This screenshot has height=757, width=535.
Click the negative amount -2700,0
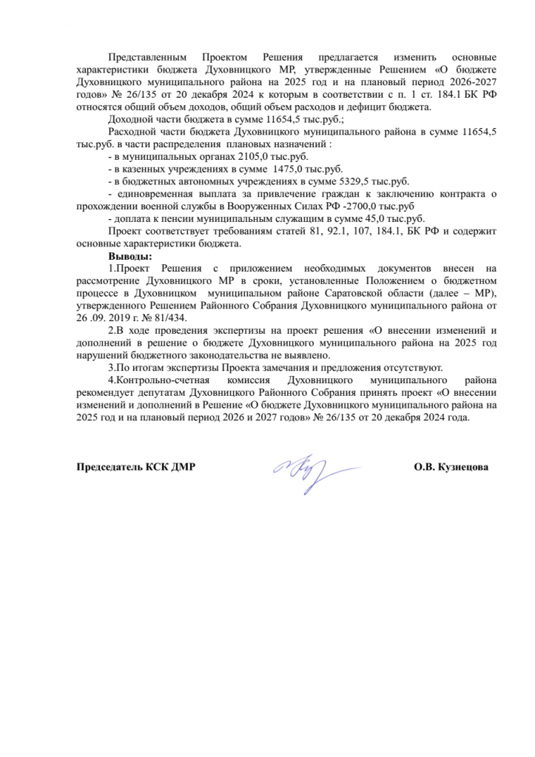click(366, 206)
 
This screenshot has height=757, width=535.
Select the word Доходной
click(129, 118)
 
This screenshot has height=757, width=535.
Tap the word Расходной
click(131, 131)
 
